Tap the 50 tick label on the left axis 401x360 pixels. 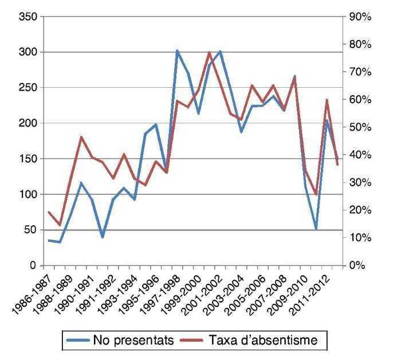[30, 230]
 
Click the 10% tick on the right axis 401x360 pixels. [360, 237]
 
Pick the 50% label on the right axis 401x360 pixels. [360, 127]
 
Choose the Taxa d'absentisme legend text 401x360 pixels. [268, 341]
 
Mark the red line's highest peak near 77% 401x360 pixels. [209, 52]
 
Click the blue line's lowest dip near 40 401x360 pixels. [103, 237]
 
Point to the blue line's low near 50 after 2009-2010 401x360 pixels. [316, 229]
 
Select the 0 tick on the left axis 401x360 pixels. [34, 265]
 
